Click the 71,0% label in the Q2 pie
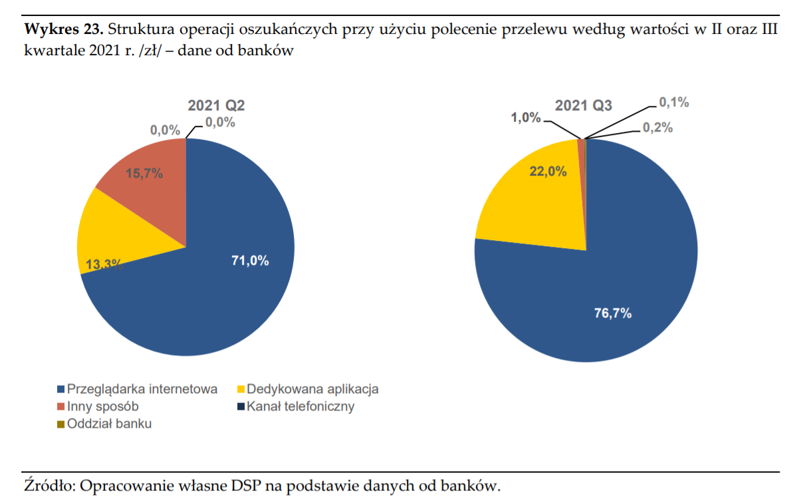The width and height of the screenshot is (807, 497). (250, 261)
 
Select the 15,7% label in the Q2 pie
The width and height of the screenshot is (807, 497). (144, 174)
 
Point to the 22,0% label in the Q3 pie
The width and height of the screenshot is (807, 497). (548, 172)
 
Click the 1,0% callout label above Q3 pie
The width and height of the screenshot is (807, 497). (526, 117)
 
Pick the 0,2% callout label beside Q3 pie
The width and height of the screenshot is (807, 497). (657, 127)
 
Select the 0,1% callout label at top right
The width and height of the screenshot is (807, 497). (673, 102)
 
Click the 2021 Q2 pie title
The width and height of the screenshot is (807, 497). (216, 106)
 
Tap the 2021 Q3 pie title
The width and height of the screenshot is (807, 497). (584, 105)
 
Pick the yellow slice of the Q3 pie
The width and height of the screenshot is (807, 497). (532, 200)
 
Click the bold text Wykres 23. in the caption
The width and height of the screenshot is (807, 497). (63, 30)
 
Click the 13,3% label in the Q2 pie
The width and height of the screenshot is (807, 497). (104, 264)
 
